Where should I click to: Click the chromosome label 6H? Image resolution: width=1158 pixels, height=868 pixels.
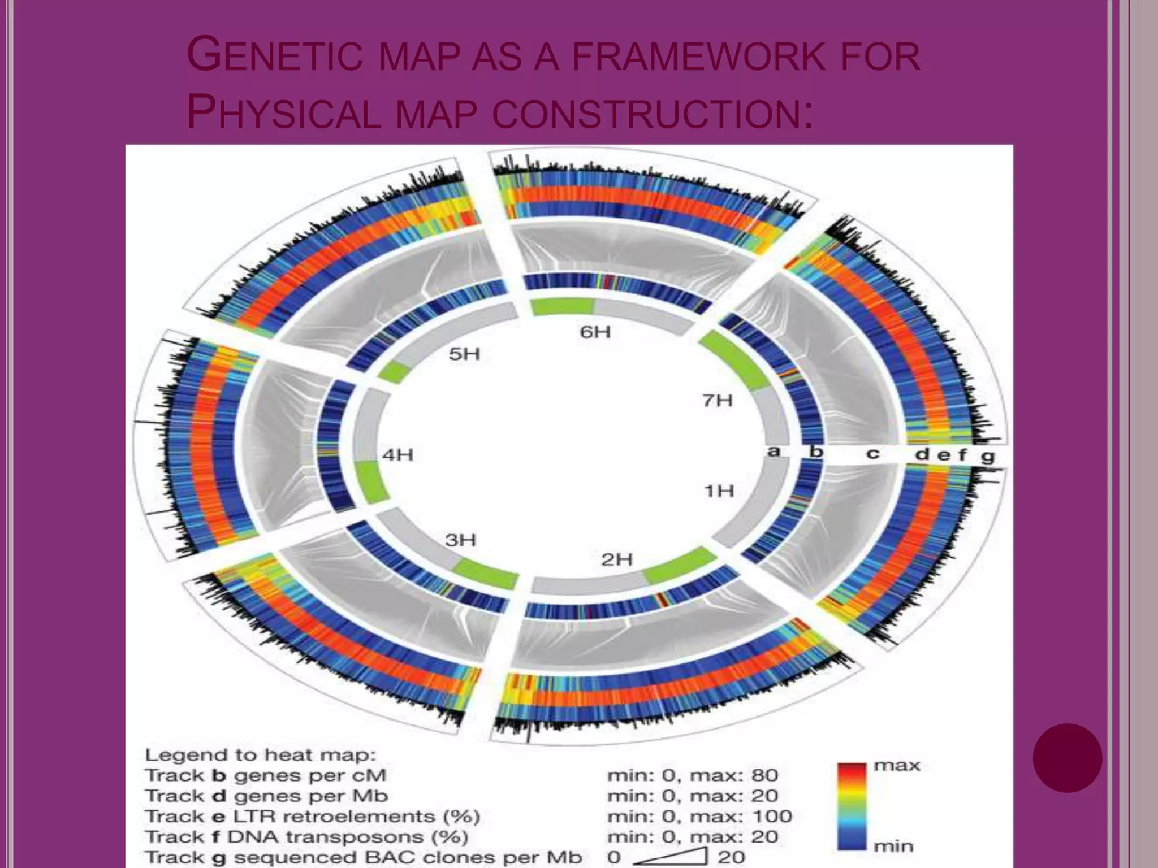coord(595,332)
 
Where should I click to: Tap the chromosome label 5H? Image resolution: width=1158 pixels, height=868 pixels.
coord(464,354)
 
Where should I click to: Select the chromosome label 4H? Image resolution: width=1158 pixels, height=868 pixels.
coord(397,454)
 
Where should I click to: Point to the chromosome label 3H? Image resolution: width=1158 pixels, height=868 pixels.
coord(460,540)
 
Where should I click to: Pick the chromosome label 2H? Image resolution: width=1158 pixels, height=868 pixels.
coord(616,559)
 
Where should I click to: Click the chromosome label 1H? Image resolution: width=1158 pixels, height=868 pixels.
coord(719,491)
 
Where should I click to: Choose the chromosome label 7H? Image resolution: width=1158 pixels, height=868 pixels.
coord(718,401)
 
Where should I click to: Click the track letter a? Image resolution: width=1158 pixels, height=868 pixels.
coord(774,452)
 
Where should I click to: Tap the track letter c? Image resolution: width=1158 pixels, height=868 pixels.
coord(872,453)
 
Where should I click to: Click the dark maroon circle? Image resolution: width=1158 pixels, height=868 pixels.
coord(1067,758)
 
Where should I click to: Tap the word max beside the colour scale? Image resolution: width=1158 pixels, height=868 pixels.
coord(897,766)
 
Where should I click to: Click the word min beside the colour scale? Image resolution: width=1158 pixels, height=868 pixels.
coord(893,846)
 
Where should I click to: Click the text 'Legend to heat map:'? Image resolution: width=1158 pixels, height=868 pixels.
coord(261,755)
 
